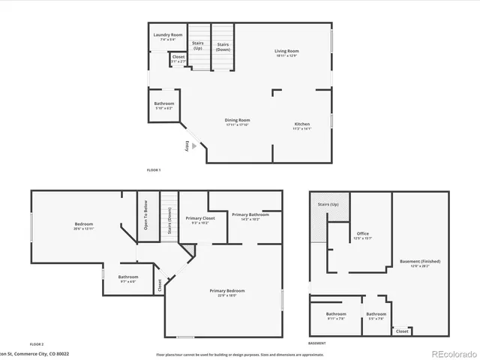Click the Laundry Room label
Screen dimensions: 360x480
click(168, 35)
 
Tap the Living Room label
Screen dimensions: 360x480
click(286, 52)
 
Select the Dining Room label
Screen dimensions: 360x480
click(237, 121)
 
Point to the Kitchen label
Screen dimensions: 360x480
click(301, 125)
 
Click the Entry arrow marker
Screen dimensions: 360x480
click(194, 147)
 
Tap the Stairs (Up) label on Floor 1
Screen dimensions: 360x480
click(198, 46)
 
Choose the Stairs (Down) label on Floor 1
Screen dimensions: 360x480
click(223, 46)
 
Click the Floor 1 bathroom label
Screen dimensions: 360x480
click(164, 104)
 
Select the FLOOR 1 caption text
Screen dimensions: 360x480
click(154, 171)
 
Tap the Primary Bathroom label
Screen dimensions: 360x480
click(245, 217)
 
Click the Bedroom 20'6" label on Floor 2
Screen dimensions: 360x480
click(83, 226)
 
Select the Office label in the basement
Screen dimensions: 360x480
click(363, 235)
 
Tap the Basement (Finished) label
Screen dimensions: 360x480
click(420, 262)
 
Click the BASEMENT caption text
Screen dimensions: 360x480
click(316, 343)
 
